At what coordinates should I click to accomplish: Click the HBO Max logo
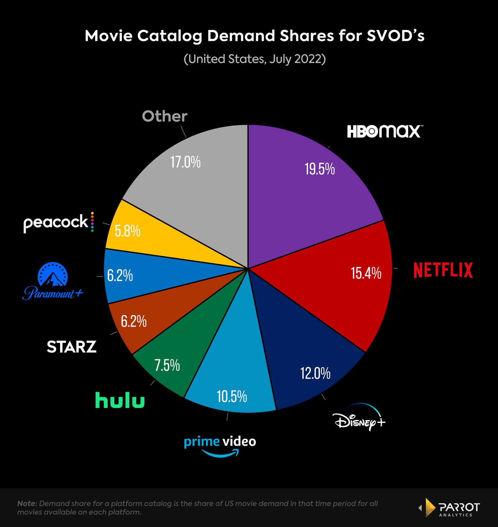385,131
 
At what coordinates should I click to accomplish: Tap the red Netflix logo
443,270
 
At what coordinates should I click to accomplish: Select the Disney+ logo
359,419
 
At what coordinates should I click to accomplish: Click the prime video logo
220,445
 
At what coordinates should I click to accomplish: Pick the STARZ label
72,347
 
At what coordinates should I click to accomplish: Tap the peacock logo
59,222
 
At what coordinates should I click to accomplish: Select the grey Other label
165,116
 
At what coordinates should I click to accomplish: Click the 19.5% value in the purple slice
320,169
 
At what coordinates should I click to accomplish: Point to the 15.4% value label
366,273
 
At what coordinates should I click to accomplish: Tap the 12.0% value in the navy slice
315,373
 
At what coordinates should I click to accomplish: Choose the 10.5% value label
232,396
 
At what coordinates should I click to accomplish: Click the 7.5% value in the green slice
167,365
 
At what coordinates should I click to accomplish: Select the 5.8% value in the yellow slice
128,231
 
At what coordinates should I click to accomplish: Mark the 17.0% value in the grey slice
185,162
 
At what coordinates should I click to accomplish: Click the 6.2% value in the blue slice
120,275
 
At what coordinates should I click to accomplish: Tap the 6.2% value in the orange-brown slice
134,321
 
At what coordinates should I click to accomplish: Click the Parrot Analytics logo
450,508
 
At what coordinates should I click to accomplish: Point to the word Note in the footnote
27,503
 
